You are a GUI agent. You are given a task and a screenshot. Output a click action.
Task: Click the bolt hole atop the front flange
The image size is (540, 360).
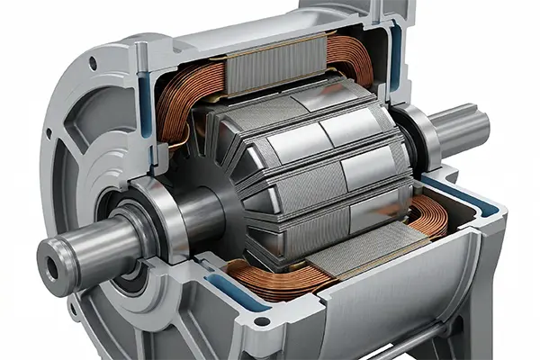pyautogui.click(x=93, y=63)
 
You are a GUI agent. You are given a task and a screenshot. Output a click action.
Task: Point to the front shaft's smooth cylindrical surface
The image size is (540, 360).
pyautogui.click(x=99, y=247)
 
